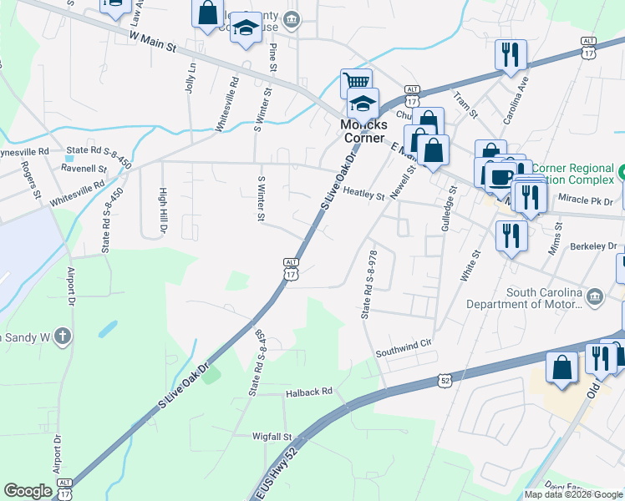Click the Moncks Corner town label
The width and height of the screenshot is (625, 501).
[362, 131]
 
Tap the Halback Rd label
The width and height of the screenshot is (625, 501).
[309, 391]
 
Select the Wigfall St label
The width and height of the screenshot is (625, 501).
[272, 436]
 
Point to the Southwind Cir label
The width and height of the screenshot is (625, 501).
[407, 343]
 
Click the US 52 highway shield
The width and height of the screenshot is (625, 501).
[445, 380]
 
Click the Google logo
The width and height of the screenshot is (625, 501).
[28, 491]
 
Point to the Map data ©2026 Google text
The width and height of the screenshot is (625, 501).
[573, 494]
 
